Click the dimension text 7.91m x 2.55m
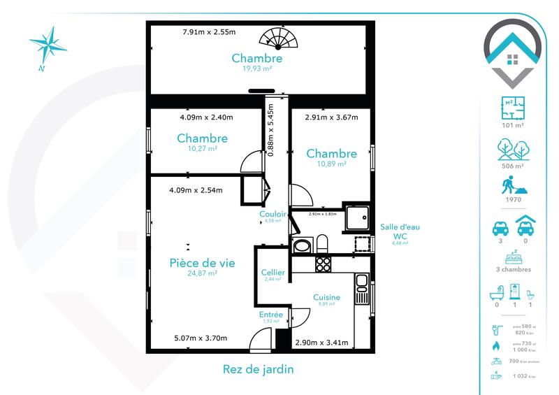(x=209, y=32)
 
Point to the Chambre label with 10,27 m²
(x=202, y=138)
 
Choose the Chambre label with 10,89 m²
(x=331, y=154)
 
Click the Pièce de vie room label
(x=202, y=263)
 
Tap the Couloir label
(x=272, y=214)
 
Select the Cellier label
(x=272, y=272)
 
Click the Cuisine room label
(x=326, y=297)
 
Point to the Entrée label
(x=271, y=315)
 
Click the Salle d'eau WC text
(x=399, y=231)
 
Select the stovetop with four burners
(x=324, y=264)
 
